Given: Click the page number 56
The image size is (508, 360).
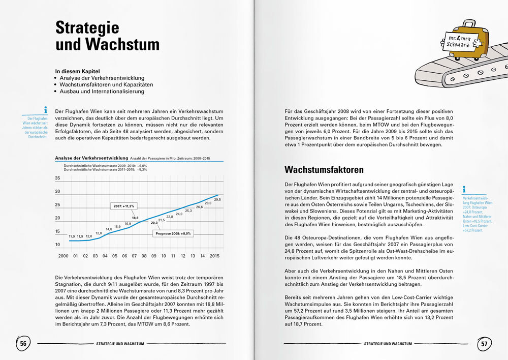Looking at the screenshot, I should (23, 344).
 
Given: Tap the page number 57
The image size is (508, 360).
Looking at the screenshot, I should (484, 344).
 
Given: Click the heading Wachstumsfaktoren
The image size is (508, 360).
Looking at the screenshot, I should (324, 169).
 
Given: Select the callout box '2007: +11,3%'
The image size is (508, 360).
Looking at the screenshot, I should (123, 205).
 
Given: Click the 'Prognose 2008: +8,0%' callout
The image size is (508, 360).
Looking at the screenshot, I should (172, 234).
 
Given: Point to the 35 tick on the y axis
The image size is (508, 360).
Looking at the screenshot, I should (57, 178).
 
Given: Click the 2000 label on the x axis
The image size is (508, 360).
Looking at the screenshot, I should (63, 256).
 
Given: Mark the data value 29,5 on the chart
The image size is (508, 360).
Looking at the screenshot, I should (217, 200).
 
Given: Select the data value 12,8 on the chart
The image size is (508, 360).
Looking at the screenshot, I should (99, 233).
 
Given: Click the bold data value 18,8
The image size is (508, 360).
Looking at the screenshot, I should (135, 217).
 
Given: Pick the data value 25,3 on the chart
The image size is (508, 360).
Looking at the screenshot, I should (188, 211).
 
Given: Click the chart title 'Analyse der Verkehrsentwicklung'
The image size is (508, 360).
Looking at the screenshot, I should (91, 159).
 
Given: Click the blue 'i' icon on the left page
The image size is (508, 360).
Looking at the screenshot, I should (46, 109).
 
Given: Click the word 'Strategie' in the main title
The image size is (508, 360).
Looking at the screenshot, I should (87, 27).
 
